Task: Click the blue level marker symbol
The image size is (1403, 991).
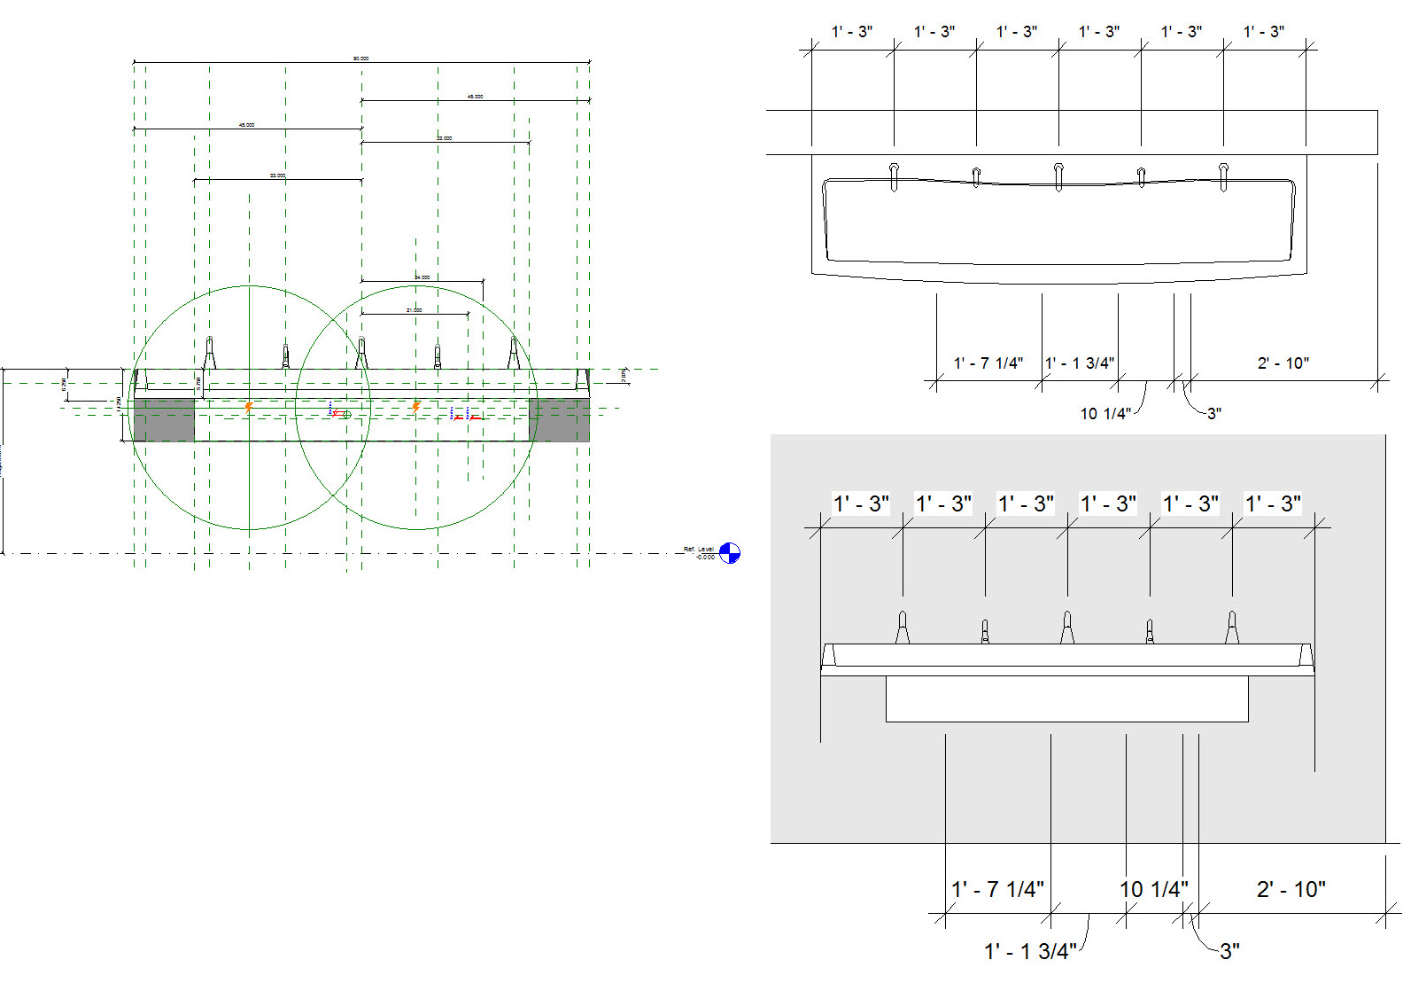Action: coord(729,553)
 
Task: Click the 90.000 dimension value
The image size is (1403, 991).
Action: coord(360,59)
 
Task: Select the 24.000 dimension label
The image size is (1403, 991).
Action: coord(422,277)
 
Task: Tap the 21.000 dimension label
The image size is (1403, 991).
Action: coord(414,310)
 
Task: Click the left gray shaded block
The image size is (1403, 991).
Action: coord(164,420)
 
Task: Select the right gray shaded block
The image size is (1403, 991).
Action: coord(559,420)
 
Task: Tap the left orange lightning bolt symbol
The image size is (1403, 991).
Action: coord(249,407)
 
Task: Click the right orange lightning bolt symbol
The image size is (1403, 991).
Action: coord(415,407)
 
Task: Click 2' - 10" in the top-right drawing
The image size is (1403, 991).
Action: coord(1283,363)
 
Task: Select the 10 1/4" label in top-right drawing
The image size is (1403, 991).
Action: coord(1105,414)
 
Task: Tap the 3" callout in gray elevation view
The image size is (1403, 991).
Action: coord(1229,952)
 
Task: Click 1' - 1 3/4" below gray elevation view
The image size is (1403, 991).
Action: coord(1030,952)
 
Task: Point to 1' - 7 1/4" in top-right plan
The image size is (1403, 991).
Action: coord(988,363)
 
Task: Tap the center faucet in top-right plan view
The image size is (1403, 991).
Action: coord(1058,176)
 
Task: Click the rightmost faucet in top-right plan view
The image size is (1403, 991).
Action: coord(1223,176)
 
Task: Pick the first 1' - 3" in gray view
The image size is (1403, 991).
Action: coord(861,504)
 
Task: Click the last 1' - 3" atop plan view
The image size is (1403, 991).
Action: coord(1264,32)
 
